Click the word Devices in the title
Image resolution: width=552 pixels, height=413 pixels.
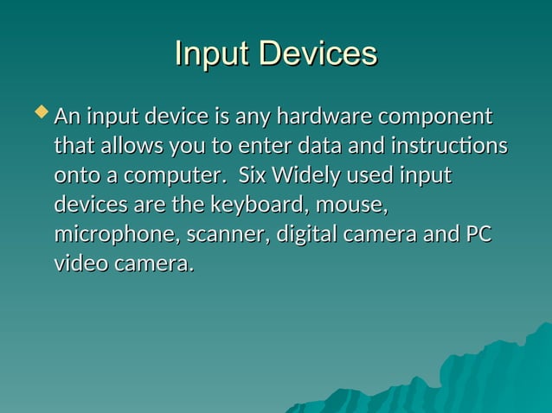tap(320, 54)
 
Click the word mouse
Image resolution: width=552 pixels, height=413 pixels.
tap(350, 206)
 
